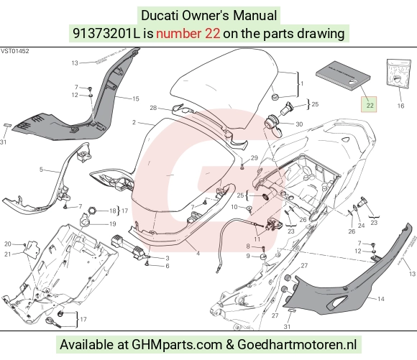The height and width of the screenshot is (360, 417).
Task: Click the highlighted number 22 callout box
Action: coord(369,104)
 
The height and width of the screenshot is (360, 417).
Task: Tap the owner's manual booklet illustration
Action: coord(343,75)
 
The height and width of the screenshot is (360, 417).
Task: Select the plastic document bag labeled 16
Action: coord(398,73)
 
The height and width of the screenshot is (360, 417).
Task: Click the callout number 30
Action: coord(299,124)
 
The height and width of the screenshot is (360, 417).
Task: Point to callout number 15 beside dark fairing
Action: coord(136,98)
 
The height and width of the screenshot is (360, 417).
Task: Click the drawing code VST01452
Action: coord(14,51)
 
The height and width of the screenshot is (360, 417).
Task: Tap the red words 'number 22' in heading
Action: coord(188,34)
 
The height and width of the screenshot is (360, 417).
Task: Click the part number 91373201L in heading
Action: coord(106,34)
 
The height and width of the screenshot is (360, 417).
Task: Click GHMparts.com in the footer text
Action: coord(177,345)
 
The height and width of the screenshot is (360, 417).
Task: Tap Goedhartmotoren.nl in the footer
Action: coord(297,345)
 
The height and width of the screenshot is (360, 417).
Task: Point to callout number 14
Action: coord(381,299)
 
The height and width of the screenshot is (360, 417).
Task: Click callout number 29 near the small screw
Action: coord(255,158)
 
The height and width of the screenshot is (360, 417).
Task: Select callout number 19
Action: coord(112,224)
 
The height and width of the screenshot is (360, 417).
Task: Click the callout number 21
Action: coord(7,254)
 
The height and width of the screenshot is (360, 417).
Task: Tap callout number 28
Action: coord(153,108)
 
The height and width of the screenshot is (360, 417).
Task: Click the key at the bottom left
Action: coord(54,322)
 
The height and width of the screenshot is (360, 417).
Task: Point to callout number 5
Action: coord(41,170)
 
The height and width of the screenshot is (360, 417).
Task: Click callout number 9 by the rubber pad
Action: coord(248,256)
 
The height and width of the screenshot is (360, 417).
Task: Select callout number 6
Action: coord(168,266)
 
